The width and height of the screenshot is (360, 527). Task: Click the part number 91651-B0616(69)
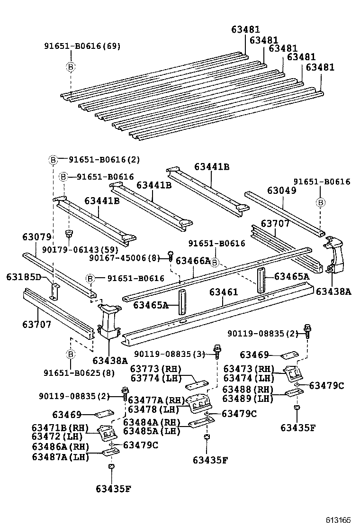82,46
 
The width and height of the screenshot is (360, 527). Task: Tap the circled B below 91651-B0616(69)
70,67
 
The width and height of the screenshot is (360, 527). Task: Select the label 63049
281,191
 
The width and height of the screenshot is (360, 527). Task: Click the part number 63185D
24,277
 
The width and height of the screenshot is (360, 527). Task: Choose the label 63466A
193,260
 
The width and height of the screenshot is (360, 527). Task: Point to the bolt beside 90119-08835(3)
217,351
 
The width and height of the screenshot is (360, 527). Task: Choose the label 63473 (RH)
249,368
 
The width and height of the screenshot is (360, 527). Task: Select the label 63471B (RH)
54,428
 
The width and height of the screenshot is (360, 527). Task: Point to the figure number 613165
338,520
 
